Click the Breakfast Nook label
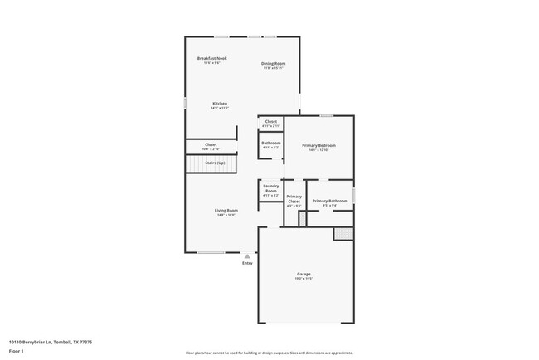(x=212, y=58)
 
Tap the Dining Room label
(x=274, y=64)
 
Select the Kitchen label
(x=220, y=104)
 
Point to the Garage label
(x=304, y=274)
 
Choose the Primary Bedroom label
(x=319, y=145)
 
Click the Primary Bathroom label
(x=330, y=201)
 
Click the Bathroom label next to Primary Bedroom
(x=271, y=143)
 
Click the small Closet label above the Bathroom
(x=271, y=121)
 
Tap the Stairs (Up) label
(x=215, y=163)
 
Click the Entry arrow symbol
(x=247, y=257)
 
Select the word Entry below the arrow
(x=247, y=264)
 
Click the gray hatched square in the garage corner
(x=343, y=234)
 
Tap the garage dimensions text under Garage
(x=304, y=279)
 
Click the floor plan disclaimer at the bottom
(x=269, y=352)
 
